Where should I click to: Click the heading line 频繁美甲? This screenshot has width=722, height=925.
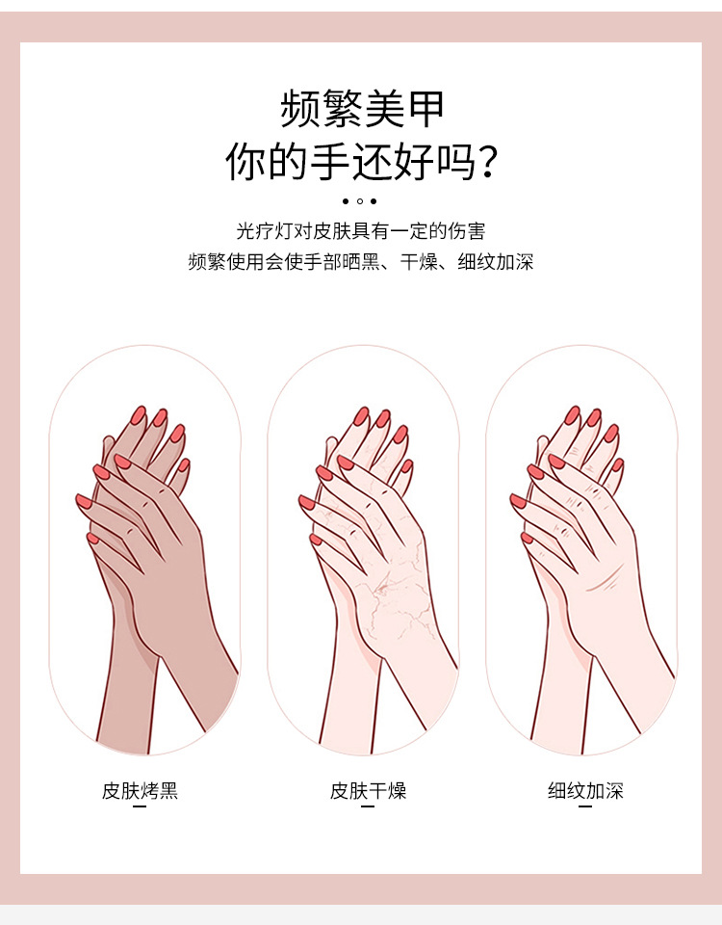point(361,108)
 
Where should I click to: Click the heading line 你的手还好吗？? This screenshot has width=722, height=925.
point(361,161)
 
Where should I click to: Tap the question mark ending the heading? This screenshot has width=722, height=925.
point(488,161)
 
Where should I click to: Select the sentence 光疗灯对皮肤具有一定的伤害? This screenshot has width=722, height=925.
point(361,231)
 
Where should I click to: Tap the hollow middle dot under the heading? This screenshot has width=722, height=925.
point(360,201)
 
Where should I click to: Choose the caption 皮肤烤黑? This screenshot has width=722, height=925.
point(141,791)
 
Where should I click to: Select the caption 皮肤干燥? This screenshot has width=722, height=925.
point(368,791)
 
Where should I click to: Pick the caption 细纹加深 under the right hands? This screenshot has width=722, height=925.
point(585,791)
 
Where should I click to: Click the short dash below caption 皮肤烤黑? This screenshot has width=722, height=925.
point(140,807)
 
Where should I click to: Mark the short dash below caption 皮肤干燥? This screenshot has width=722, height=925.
point(367,807)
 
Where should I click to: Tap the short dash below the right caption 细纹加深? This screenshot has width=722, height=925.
point(585,807)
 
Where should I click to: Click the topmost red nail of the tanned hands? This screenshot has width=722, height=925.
point(138,415)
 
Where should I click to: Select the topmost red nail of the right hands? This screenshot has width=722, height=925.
point(573,415)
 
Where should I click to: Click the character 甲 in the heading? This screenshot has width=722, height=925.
point(425,108)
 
